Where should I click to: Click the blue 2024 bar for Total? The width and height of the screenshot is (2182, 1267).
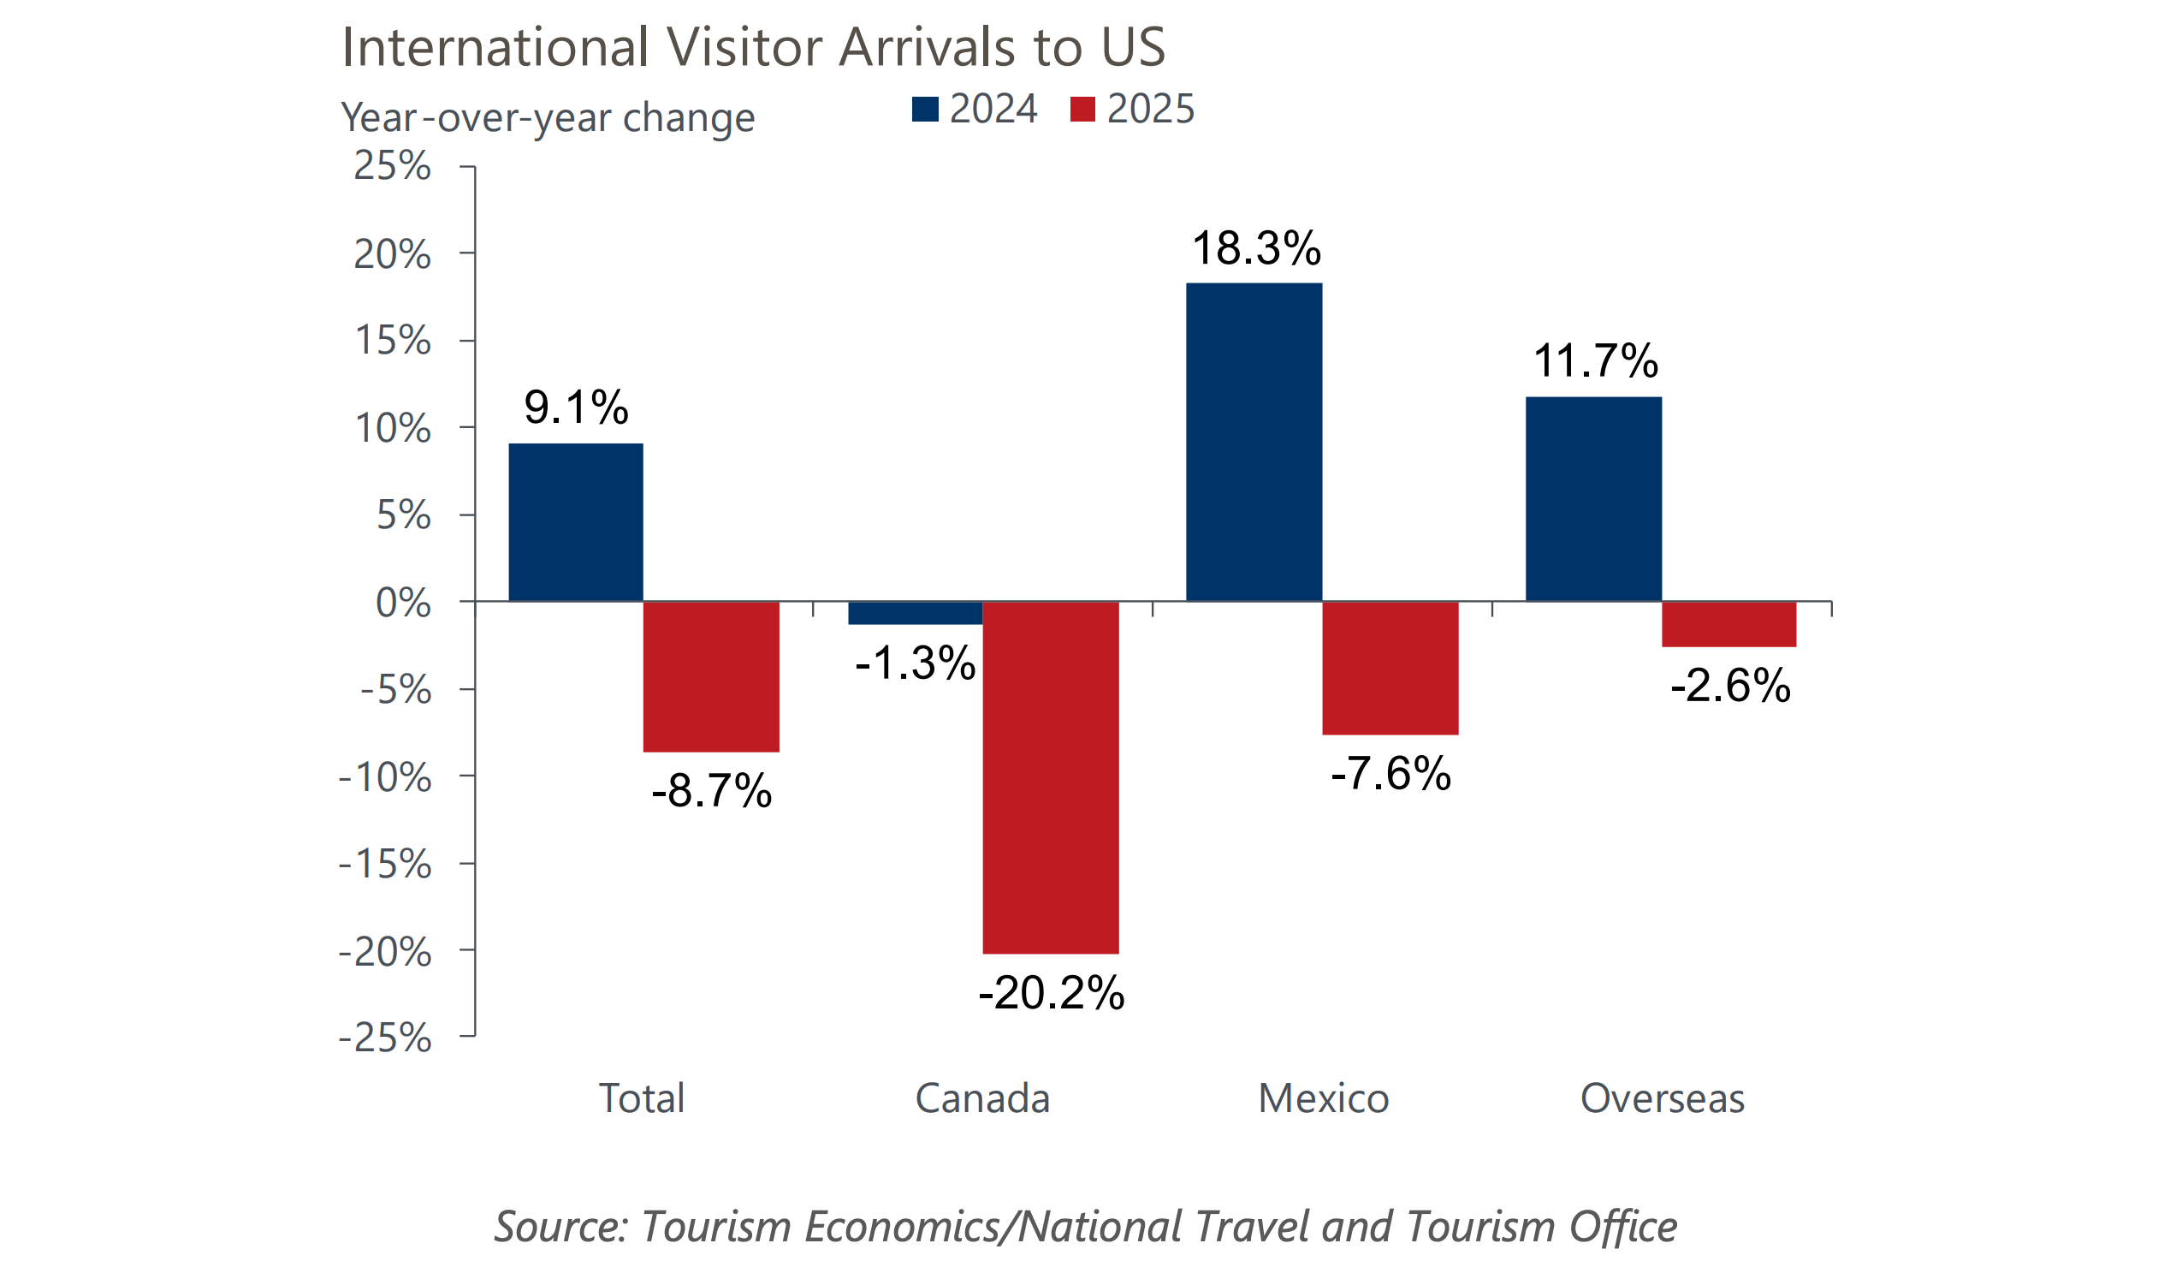[576, 522]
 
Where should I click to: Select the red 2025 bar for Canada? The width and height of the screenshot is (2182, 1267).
[1050, 777]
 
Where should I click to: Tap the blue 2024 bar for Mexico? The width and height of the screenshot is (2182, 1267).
[1254, 442]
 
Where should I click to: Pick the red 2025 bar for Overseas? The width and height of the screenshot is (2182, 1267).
[1728, 623]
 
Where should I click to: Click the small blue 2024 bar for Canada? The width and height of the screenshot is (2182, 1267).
[916, 612]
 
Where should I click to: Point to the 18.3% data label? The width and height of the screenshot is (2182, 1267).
[1256, 248]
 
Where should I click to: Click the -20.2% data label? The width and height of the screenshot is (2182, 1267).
[1050, 992]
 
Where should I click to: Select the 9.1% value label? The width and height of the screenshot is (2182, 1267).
[576, 407]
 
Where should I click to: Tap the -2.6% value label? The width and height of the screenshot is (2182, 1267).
[1730, 686]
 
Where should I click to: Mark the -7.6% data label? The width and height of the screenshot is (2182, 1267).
[1390, 773]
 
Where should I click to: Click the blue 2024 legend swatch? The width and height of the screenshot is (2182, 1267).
[925, 110]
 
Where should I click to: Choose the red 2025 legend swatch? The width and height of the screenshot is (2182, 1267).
[1082, 110]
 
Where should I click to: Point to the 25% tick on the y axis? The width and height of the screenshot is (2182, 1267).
[392, 165]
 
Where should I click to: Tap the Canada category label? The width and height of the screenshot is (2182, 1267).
[982, 1098]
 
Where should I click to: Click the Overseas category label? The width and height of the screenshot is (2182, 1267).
[1662, 1098]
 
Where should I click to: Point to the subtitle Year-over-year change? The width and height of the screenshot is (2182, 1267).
[548, 118]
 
